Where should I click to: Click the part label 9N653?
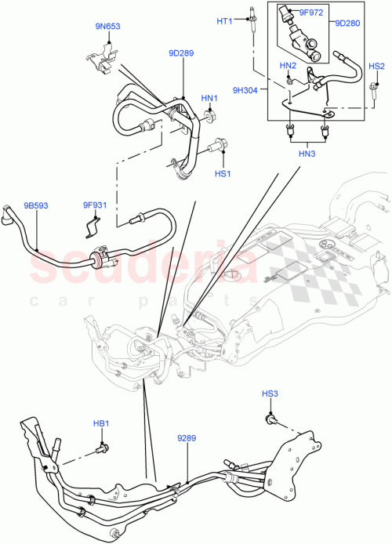[109, 27]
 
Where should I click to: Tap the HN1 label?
[209, 98]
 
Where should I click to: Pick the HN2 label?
[288, 66]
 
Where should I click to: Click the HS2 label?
[376, 67]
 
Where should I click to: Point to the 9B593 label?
[34, 205]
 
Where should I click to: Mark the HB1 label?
[101, 423]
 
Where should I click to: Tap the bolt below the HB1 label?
[101, 449]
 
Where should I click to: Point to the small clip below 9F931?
[92, 228]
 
